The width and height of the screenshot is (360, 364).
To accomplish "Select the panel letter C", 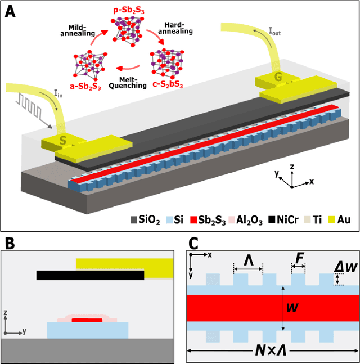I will tap(193, 244).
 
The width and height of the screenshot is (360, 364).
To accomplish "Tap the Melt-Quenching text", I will tap(129, 80).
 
